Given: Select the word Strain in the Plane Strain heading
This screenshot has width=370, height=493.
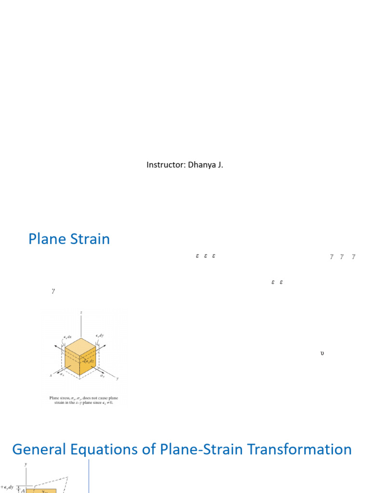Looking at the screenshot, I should click(90, 239).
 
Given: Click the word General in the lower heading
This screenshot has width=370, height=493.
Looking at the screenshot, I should click(40, 450).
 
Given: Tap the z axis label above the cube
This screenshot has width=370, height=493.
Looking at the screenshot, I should click(81, 312).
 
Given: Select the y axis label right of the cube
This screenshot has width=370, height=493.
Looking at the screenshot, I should click(117, 378).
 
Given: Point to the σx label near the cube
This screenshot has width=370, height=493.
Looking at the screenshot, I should click(62, 374).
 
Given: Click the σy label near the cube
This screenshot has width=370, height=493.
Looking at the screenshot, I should click(102, 375).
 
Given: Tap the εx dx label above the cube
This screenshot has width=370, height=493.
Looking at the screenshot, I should click(66, 337).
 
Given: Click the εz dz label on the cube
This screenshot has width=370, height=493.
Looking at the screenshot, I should click(88, 361).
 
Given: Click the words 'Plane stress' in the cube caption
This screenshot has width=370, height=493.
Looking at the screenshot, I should click(59, 398).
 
